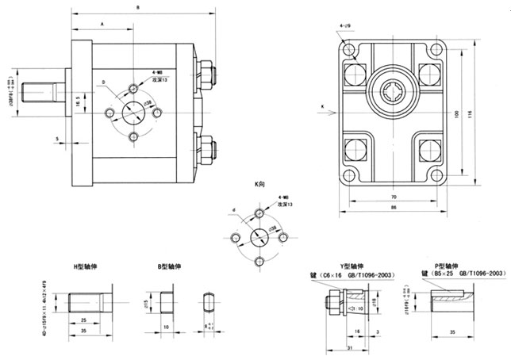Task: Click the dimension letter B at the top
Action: [x=139, y=7]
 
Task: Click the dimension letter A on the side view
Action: [x=102, y=25]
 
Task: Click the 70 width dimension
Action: [x=393, y=196]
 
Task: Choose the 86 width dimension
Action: [x=393, y=208]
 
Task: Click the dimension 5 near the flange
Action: [x=59, y=139]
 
